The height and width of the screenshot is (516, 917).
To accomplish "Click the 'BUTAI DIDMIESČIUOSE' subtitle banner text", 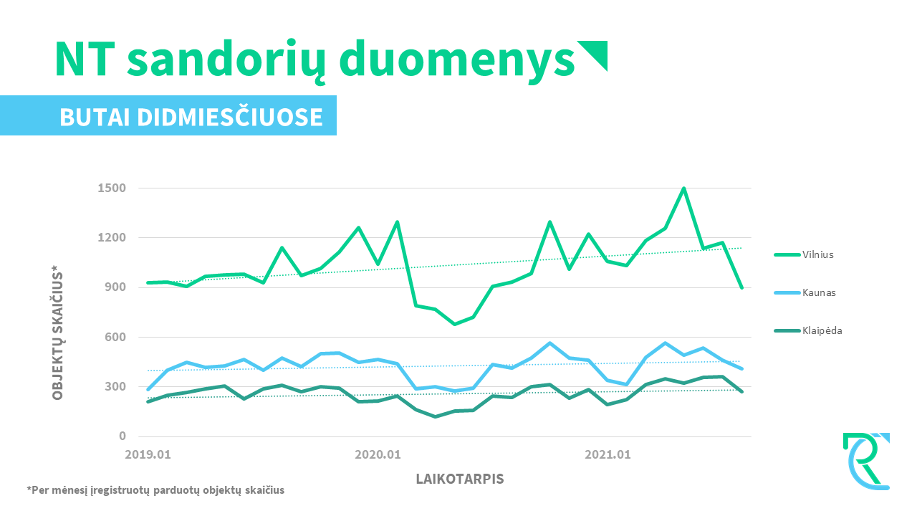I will [191, 117].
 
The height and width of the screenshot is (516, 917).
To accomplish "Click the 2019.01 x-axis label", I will [148, 454].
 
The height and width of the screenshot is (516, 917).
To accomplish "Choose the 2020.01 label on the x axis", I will [378, 454].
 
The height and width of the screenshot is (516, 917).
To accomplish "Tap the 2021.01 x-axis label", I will [608, 454].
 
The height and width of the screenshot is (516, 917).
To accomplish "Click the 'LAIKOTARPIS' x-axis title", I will [460, 479].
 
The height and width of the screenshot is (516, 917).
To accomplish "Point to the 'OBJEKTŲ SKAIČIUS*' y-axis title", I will [57, 331].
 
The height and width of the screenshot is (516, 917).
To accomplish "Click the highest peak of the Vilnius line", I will [684, 188].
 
